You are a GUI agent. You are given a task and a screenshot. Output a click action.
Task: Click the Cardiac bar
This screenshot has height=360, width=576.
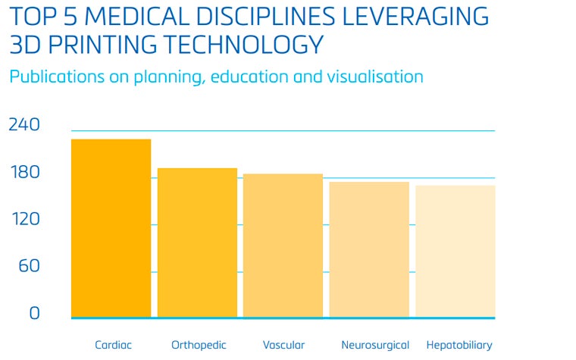[111, 227]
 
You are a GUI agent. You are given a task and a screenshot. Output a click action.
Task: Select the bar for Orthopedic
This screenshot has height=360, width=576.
[197, 242]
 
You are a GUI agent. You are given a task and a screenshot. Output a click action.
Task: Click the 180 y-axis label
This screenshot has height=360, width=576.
[23, 173]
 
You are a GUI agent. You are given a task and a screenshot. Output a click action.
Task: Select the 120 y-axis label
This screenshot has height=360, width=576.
[23, 220]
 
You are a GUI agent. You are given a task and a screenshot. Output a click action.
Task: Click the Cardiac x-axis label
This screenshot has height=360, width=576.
[113, 345]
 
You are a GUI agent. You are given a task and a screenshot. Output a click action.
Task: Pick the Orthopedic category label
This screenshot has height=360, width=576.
[199, 345]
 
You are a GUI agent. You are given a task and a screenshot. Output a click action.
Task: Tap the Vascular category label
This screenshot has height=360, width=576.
[283, 345]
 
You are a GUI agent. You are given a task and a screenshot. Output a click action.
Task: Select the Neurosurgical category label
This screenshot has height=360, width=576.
[375, 345]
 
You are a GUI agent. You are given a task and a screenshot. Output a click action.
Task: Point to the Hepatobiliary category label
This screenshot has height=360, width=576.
[459, 345]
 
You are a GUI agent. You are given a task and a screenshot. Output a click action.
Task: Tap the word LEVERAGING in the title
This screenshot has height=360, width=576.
[415, 17]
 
